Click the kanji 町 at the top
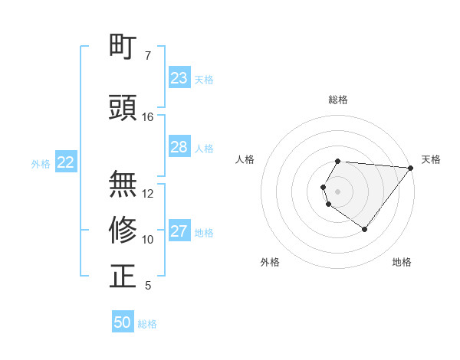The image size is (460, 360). tap(123, 47)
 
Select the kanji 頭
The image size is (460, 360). tap(123, 108)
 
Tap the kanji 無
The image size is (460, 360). tap(123, 185)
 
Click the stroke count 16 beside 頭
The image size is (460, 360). tap(149, 117)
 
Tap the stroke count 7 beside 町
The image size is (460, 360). tap(148, 56)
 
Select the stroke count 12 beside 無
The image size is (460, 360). tap(149, 194)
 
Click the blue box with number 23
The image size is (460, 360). tap(179, 78)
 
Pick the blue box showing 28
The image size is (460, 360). tap(179, 147)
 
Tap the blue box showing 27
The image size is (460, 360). tap(179, 231)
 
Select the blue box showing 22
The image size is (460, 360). tap(66, 162)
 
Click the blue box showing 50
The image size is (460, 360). tap(123, 322)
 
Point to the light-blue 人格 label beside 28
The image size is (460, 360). tap(204, 148)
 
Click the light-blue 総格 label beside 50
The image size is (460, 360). tap(147, 324)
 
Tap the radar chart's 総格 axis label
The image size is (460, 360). tap(337, 100)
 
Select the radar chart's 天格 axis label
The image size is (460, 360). tap(432, 159)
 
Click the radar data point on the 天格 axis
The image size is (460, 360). tap(410, 167)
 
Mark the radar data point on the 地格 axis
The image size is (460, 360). tap(364, 229)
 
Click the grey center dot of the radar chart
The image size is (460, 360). tap(337, 190)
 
